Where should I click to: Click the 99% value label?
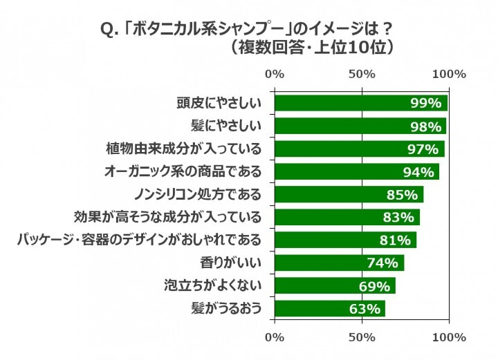[x=425, y=104]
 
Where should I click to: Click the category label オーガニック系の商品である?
[x=183, y=172]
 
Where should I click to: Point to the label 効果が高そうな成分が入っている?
[x=167, y=218]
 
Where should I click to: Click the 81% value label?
[x=396, y=240]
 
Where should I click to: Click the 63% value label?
[x=365, y=308]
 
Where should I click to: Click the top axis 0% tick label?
[x=275, y=74]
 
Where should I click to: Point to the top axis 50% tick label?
[x=362, y=74]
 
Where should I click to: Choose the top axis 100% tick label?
[x=449, y=74]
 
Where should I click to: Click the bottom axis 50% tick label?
[x=362, y=337]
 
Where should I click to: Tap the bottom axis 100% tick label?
[x=449, y=337]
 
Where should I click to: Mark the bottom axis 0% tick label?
[x=275, y=337]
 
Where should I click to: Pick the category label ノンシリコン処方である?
[x=196, y=195]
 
